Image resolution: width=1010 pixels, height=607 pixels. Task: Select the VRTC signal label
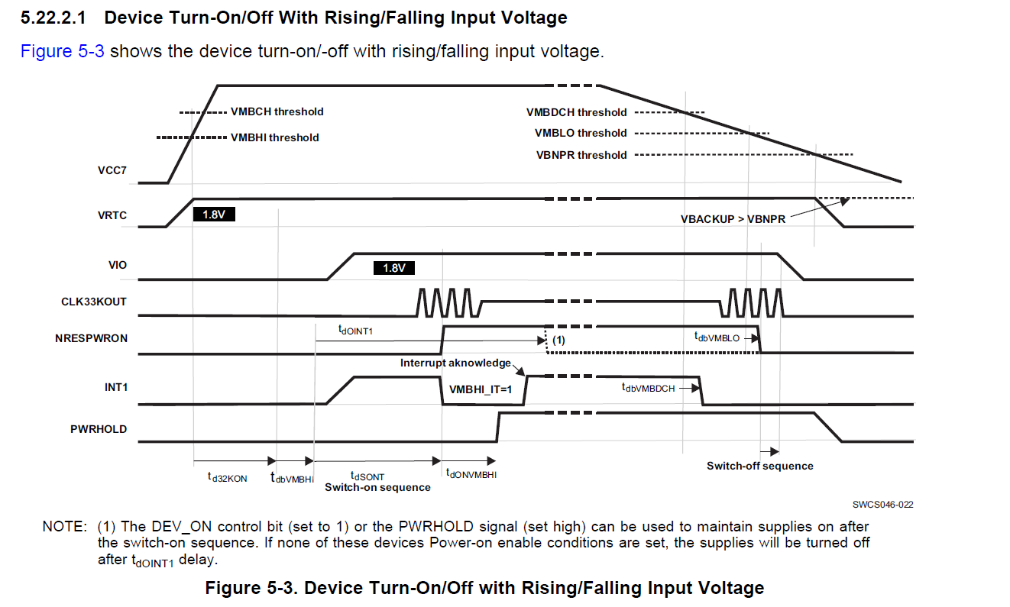click(112, 216)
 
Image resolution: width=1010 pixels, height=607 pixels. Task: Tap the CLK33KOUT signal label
click(94, 302)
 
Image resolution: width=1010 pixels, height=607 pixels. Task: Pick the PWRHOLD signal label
click(99, 429)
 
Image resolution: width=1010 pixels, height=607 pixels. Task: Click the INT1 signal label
click(115, 388)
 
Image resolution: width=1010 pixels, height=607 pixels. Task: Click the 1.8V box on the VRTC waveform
click(214, 215)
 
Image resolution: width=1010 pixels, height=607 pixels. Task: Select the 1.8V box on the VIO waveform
click(393, 268)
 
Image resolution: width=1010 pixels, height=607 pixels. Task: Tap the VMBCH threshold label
click(277, 111)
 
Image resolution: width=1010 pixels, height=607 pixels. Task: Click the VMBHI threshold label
click(274, 137)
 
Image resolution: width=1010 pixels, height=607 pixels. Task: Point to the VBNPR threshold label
click(581, 155)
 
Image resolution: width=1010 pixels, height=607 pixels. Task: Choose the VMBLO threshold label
click(581, 133)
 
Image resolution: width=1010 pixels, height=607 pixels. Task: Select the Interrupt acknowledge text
click(456, 363)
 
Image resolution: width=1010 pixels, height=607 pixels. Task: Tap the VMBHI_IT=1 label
click(480, 389)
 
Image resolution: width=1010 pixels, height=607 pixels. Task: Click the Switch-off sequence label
click(759, 466)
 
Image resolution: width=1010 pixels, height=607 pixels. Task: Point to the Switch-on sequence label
click(377, 487)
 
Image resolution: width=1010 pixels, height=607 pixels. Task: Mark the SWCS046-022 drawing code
click(883, 505)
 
